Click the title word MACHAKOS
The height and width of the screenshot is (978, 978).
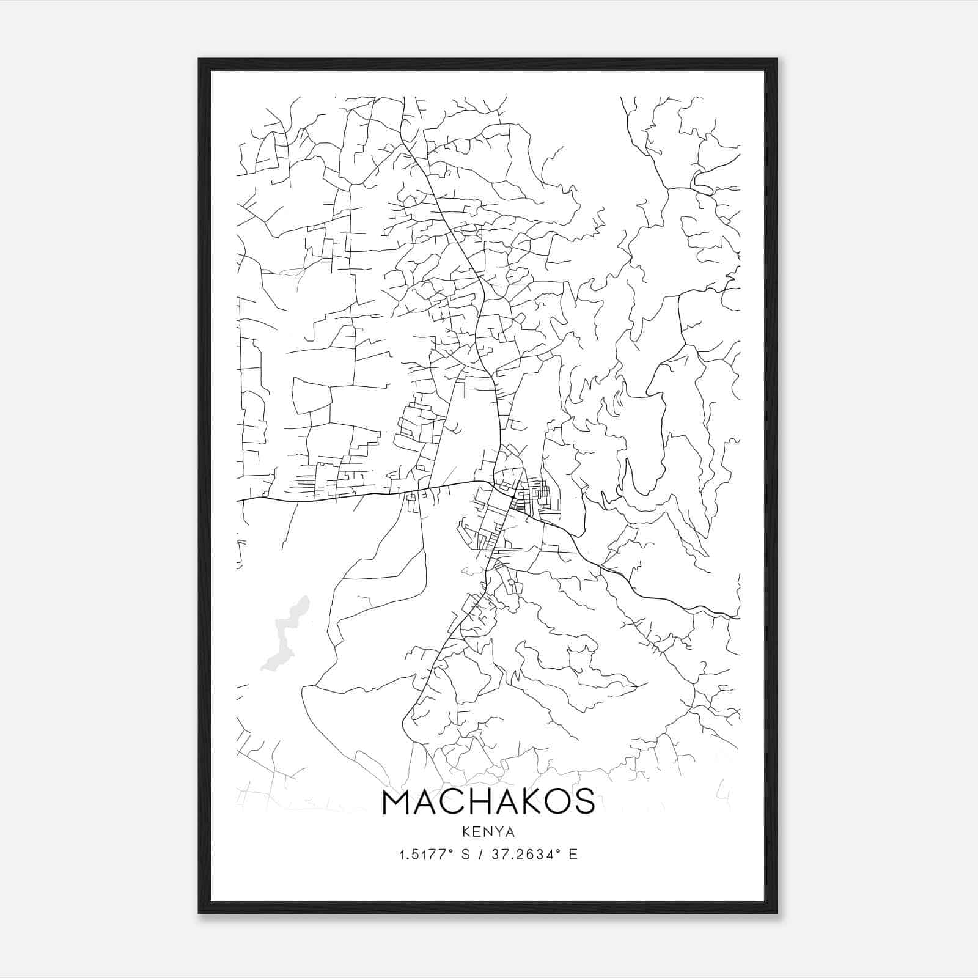[x=488, y=802]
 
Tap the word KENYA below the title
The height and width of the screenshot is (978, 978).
[x=488, y=832]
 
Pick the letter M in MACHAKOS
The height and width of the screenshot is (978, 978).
[x=398, y=802]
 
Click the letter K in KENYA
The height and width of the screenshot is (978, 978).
[x=466, y=832]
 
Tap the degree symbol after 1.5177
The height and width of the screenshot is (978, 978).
[x=452, y=851]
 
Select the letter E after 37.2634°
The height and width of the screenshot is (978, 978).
[x=573, y=855]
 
